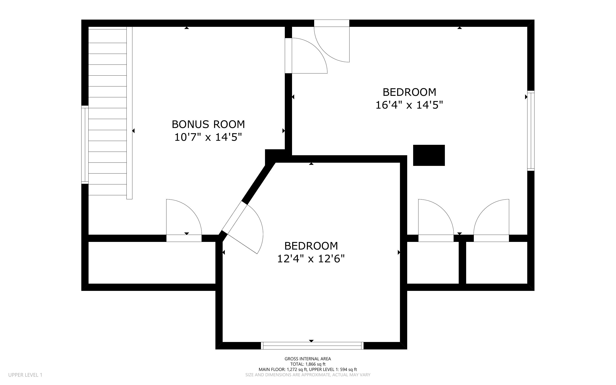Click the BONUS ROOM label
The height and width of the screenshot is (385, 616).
208,124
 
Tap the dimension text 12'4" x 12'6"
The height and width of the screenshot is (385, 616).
311,259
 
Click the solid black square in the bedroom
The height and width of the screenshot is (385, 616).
429,155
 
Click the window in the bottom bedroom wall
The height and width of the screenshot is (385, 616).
312,346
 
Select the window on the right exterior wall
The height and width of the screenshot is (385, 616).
531,131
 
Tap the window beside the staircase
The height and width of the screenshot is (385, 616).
85,145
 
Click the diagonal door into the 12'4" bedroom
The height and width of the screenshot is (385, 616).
242,228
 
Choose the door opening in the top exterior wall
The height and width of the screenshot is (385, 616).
332,41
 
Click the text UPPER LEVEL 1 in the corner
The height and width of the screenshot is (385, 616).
25,375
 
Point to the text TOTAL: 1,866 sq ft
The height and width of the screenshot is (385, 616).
308,364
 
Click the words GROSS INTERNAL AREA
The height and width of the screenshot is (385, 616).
308,359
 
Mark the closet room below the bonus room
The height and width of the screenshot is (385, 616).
152,263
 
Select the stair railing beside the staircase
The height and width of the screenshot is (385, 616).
129,113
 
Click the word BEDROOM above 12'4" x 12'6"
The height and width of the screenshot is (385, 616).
311,246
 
